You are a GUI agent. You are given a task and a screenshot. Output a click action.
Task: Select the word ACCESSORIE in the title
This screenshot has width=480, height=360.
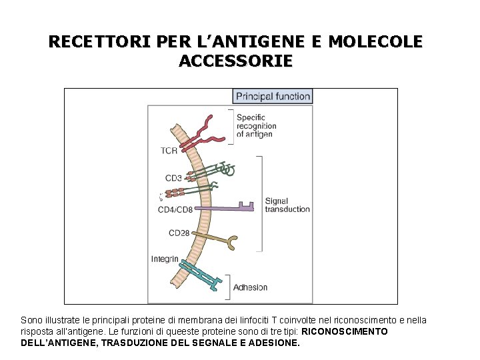(235, 61)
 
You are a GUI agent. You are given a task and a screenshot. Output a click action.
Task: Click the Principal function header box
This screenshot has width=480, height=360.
(273, 96)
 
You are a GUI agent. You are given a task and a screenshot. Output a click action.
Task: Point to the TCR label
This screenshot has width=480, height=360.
(169, 151)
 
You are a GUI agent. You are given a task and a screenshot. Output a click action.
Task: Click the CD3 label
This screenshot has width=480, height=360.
(173, 178)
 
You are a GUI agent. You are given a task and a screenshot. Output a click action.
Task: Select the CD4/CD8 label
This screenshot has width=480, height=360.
(175, 209)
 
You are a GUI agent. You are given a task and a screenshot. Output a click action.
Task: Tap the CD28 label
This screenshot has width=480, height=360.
(179, 233)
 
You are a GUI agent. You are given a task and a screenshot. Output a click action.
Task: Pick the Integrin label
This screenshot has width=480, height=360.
(164, 259)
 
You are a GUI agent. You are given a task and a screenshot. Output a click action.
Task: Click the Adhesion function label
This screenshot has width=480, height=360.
(250, 287)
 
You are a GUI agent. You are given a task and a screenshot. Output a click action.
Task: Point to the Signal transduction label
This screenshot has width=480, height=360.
(287, 205)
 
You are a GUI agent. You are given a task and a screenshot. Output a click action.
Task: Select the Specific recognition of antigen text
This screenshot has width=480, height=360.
(256, 125)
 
